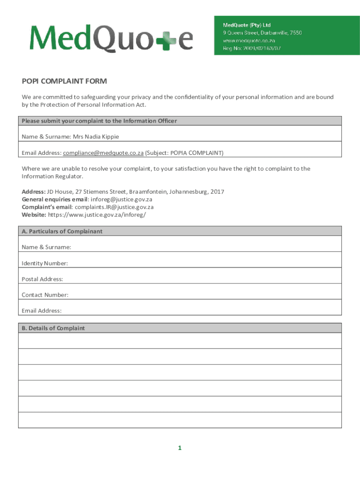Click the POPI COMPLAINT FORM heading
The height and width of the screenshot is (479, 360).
(x=65, y=81)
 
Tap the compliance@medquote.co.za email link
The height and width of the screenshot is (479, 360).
(x=103, y=153)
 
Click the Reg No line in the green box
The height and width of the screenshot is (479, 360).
(x=252, y=48)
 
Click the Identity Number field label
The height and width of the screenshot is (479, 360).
(x=45, y=263)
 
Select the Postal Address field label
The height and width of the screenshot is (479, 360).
(x=43, y=279)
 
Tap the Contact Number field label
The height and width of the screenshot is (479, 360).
(x=45, y=295)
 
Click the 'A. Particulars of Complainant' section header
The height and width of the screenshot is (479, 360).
(x=62, y=232)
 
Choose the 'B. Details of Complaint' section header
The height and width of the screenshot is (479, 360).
(x=53, y=328)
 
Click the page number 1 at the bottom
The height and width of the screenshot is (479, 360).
(x=180, y=448)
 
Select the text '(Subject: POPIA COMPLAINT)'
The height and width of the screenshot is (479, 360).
(x=184, y=153)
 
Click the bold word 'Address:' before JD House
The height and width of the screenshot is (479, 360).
(x=34, y=192)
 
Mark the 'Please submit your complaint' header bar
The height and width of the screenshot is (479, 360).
(x=99, y=121)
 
